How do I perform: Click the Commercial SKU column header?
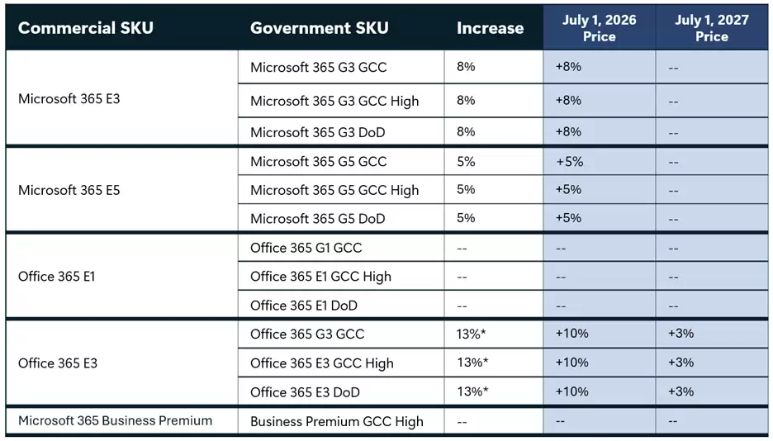(87, 28)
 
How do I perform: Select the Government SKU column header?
(319, 28)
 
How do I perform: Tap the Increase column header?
(490, 28)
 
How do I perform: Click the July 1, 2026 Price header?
(600, 28)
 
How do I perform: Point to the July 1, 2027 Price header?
(711, 28)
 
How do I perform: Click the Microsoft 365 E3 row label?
(69, 98)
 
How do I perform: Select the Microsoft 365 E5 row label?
(69, 190)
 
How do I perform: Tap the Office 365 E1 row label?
(56, 277)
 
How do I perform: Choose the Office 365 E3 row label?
(56, 363)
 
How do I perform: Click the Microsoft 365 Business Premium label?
(115, 420)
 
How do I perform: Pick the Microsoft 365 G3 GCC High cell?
(334, 101)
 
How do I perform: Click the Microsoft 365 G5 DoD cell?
(317, 219)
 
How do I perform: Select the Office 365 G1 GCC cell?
(306, 248)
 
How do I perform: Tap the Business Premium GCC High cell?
(336, 421)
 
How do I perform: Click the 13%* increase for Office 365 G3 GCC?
(472, 334)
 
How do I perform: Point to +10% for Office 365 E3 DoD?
(571, 391)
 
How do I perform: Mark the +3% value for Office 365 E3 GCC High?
(681, 363)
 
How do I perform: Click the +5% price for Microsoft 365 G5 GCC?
(569, 161)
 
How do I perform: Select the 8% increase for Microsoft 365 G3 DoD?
(466, 131)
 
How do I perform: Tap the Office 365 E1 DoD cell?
(303, 306)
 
